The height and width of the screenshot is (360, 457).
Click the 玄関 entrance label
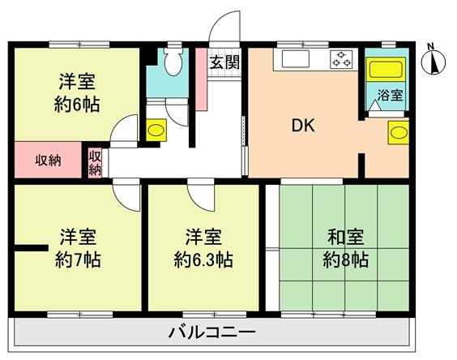(x=225, y=62)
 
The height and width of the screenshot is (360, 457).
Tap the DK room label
(x=303, y=126)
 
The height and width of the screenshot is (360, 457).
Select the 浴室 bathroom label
(x=391, y=95)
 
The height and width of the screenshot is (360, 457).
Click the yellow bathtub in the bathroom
(x=386, y=69)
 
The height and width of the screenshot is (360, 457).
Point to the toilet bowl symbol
(x=173, y=62)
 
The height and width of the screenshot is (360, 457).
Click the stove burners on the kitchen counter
(x=340, y=59)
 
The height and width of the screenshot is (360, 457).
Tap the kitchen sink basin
(x=295, y=59)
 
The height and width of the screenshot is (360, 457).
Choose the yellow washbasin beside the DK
(x=398, y=133)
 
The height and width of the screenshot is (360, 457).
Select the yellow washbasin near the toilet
(x=156, y=130)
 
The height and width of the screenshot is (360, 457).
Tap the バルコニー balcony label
(x=212, y=332)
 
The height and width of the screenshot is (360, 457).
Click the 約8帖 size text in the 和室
(x=346, y=259)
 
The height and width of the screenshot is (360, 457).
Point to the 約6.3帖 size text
(x=203, y=259)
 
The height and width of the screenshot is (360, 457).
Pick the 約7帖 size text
(x=78, y=259)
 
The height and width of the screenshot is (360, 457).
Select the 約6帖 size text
(x=77, y=105)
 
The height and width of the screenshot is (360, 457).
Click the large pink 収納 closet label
(x=48, y=161)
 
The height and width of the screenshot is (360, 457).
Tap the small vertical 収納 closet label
(x=95, y=163)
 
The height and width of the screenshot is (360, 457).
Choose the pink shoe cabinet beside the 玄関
(x=201, y=79)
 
